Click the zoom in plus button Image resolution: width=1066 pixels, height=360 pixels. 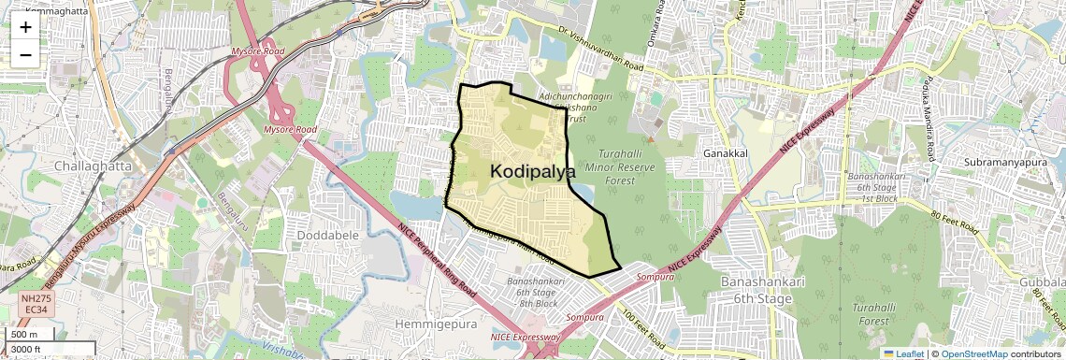coord(25,26)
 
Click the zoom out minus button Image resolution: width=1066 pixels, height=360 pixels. coord(25,54)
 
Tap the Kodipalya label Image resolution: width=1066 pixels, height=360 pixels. coord(533,171)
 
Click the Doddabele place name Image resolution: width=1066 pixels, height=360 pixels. coord(327,235)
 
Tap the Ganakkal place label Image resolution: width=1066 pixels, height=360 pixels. coord(727,151)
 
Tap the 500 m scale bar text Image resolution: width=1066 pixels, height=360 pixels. coord(24,335)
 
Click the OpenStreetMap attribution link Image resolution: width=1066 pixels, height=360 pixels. coord(973,353)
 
